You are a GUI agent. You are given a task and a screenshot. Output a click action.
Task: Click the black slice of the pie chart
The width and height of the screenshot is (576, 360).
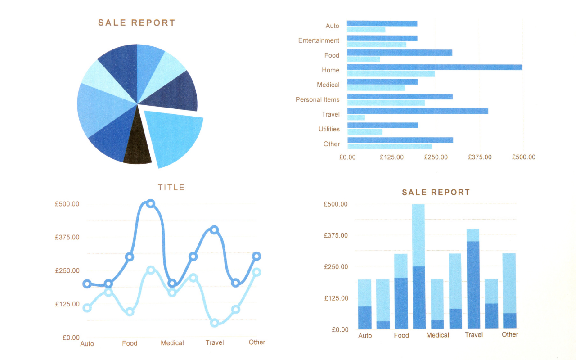138,148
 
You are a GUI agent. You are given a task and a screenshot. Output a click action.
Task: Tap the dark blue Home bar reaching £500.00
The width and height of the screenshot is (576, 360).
434,67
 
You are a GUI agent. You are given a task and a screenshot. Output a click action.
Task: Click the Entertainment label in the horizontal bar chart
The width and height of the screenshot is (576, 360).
319,40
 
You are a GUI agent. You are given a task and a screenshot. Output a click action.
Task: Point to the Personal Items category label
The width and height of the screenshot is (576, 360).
317,99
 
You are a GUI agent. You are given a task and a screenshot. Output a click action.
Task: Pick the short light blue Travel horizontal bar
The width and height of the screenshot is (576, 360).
356,117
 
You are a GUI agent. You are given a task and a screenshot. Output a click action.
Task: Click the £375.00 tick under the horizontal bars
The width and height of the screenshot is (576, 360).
479,157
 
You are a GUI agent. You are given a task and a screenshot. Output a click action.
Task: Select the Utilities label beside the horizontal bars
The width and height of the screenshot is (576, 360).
329,129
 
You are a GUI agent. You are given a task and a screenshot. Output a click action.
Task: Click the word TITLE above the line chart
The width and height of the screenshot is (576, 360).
171,187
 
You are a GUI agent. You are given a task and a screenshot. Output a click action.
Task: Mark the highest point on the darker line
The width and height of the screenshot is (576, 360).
151,203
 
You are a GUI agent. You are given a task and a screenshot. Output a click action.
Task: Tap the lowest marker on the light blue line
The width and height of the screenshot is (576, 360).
214,322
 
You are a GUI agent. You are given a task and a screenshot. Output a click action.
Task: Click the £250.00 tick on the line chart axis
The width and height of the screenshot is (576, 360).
67,270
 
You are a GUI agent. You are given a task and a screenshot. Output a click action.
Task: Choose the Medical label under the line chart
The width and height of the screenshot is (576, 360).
172,343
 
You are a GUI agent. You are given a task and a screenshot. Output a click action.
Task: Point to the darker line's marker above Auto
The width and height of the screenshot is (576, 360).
87,283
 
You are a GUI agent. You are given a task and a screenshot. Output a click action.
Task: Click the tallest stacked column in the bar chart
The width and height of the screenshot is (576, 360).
418,265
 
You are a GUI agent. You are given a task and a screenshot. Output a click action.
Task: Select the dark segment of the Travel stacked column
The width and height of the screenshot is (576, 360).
473,284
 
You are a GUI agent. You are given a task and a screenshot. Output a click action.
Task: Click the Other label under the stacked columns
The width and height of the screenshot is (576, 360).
510,334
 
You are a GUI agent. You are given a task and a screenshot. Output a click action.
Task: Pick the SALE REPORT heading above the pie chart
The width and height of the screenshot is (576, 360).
137,22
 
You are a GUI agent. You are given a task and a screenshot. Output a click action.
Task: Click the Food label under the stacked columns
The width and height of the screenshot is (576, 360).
401,335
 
